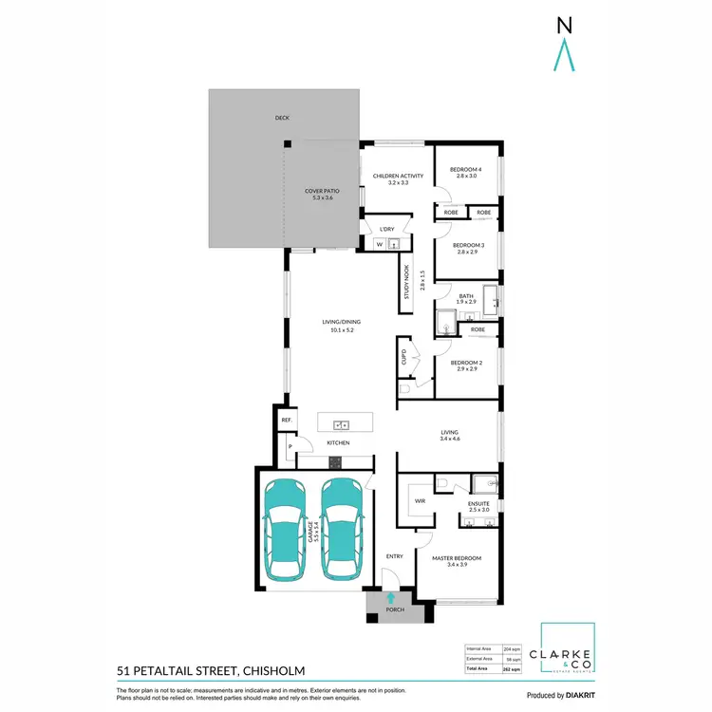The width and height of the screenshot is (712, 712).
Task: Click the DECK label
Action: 282,118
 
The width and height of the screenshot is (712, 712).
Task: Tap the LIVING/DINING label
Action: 337,326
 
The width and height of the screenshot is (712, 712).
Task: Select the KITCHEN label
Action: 339,443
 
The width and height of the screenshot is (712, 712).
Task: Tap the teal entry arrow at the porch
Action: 391,597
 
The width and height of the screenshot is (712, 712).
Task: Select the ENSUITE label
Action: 478,507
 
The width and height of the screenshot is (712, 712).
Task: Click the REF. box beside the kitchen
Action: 285,421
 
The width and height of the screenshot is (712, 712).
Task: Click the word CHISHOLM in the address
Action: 268,670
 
